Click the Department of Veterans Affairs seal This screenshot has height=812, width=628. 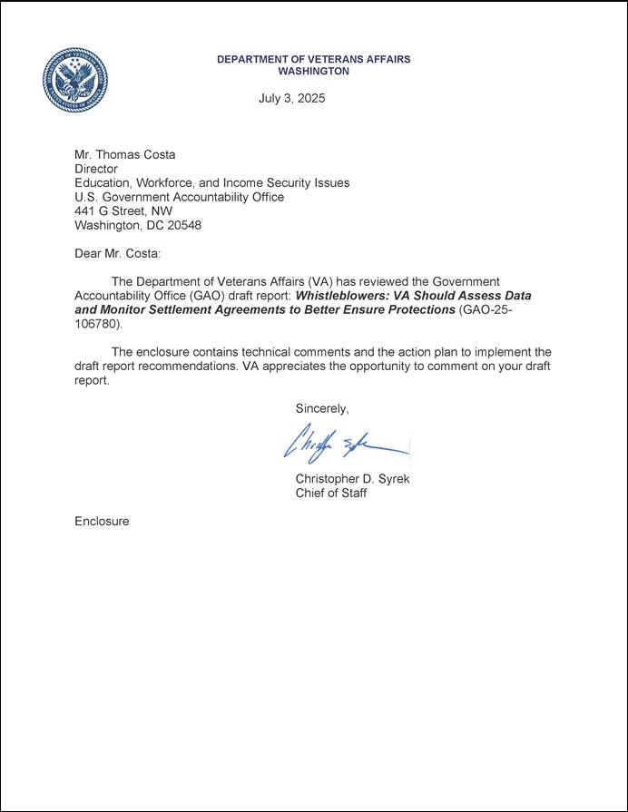point(75,81)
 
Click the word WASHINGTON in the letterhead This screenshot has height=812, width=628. point(313,71)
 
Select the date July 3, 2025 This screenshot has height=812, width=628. point(291,98)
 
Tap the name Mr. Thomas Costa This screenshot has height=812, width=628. point(125,155)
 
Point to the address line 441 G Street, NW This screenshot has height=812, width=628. point(123,210)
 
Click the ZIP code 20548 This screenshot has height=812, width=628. point(184,225)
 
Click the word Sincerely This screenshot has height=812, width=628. point(322,409)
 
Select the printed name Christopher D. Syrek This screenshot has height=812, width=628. point(352,479)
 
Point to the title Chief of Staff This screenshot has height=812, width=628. point(331,494)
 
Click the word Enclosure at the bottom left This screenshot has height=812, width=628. point(102,522)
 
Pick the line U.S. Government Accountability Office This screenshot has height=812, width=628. point(179,197)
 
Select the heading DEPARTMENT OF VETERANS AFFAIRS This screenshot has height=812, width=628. point(313,59)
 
